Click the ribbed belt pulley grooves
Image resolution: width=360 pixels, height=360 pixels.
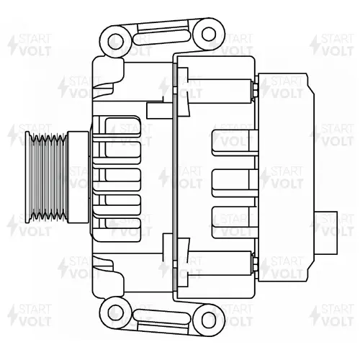46,177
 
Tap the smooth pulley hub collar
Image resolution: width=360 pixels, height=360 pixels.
78,177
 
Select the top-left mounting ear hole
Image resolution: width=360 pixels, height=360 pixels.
116,42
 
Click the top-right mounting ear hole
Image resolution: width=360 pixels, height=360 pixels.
209,34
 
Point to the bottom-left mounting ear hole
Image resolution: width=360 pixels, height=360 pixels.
116,313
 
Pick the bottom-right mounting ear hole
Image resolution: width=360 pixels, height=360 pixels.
209,320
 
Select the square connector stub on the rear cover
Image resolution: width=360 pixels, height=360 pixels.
326,233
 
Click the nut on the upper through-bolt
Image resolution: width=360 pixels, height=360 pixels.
255,91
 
